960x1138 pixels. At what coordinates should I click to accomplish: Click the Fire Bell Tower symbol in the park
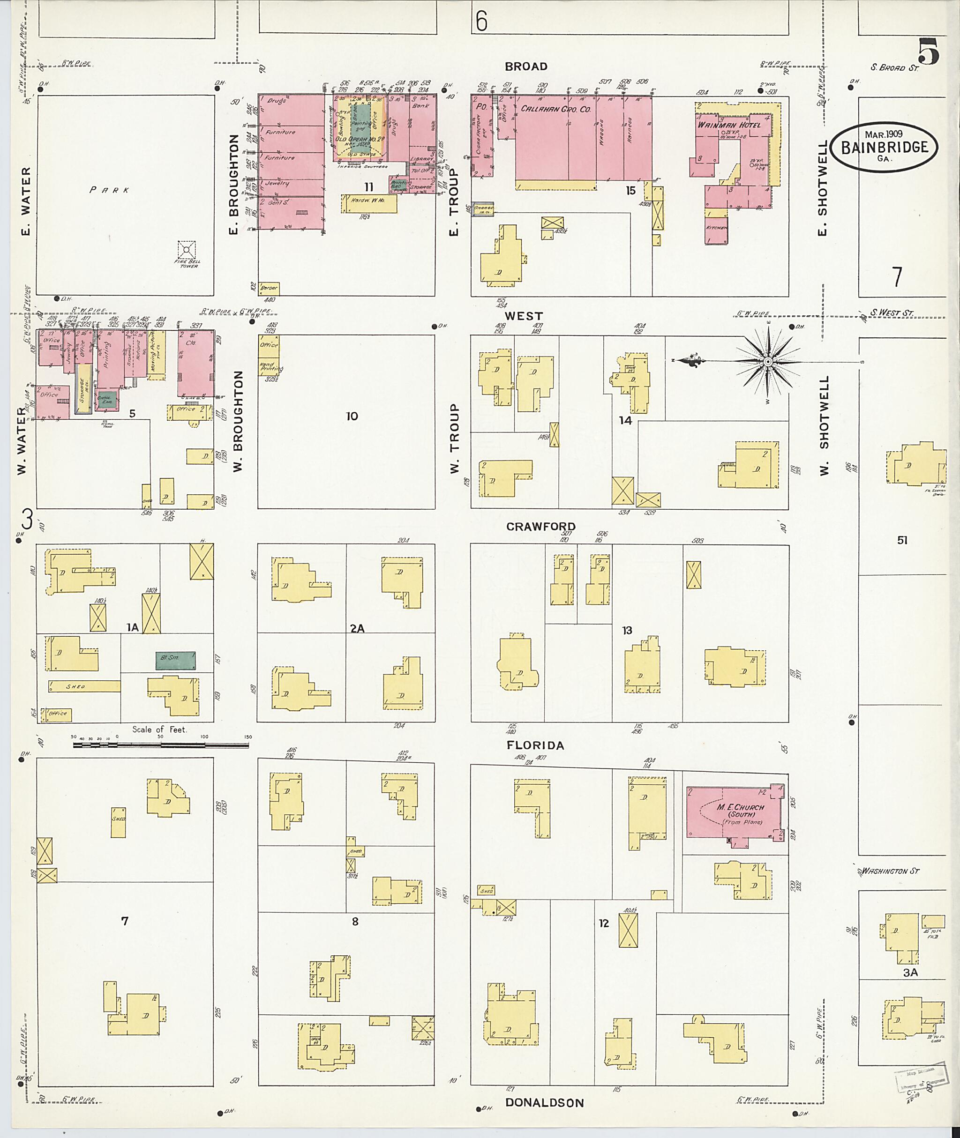coord(187,250)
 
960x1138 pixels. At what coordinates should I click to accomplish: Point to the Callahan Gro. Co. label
coord(555,109)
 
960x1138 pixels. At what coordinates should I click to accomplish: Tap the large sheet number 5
coord(929,52)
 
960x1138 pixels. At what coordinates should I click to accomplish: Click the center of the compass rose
coord(767,362)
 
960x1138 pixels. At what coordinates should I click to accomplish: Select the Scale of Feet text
coord(159,729)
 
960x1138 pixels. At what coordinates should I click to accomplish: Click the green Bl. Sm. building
coord(175,661)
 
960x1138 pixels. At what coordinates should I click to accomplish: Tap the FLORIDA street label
coord(535,745)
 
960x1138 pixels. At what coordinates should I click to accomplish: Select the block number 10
coord(352,416)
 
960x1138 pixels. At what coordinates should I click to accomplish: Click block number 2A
coord(357,628)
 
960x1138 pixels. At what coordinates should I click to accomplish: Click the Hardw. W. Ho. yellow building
coord(368,203)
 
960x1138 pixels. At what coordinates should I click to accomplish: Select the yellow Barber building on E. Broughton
coord(269,288)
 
